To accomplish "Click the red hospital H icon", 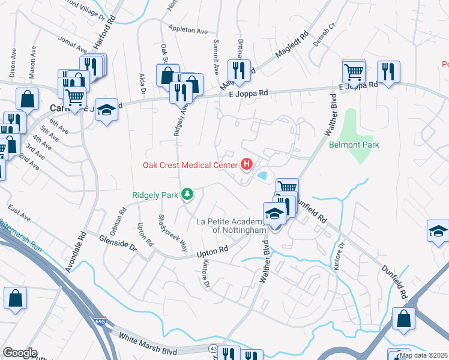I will coord(246,163).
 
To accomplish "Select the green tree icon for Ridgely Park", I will coord(188,194).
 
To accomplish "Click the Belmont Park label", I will coord(354,145).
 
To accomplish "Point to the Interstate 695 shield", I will coord(100,321).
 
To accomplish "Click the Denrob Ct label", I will coord(327,31).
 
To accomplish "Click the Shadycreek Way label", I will coord(172,233).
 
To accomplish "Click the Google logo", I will coord(19,353).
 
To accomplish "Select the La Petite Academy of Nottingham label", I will coord(231,226).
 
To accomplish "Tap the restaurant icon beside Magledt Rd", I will coord(238,70).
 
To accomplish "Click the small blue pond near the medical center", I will coord(262,176).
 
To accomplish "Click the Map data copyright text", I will coord(423,355).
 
